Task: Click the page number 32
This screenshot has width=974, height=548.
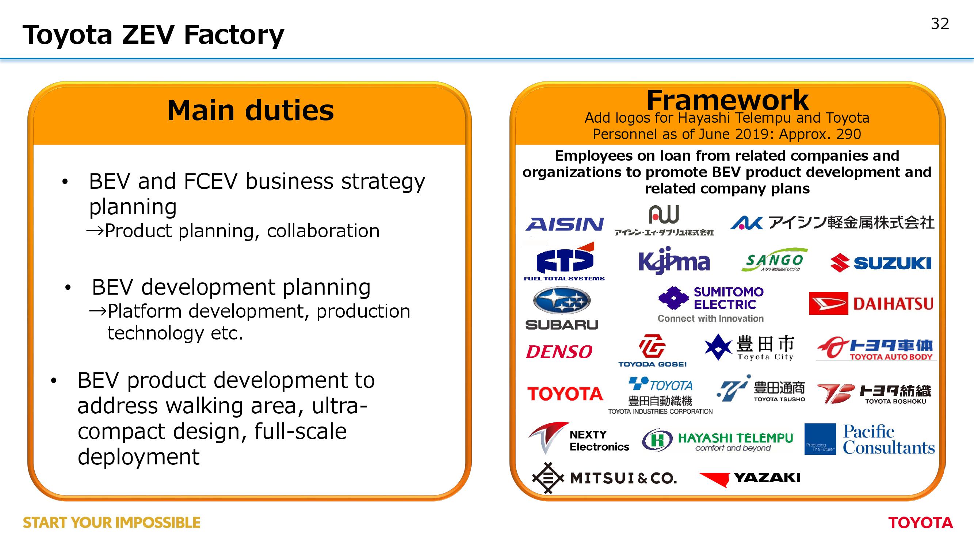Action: click(x=940, y=24)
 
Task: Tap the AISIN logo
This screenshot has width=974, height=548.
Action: click(x=565, y=224)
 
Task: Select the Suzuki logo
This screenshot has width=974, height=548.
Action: click(x=881, y=263)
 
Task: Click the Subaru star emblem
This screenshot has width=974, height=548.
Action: click(x=561, y=301)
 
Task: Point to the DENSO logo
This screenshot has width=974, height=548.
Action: click(x=559, y=352)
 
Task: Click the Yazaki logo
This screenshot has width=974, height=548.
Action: click(x=750, y=479)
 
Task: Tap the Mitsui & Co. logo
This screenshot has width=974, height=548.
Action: click(x=604, y=478)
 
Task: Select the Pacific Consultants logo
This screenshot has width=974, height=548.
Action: click(x=869, y=439)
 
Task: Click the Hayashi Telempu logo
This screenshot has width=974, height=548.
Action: click(x=717, y=440)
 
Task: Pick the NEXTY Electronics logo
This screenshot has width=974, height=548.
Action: click(x=578, y=438)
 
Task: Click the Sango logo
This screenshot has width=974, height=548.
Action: click(x=774, y=260)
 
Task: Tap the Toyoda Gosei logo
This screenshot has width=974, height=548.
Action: click(x=652, y=350)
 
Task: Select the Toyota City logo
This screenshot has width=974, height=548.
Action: click(x=749, y=347)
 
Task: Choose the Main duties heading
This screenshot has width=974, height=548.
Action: click(x=250, y=110)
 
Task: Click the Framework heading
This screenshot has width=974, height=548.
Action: click(x=727, y=100)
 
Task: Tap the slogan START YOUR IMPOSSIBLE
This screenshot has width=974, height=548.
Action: click(x=111, y=523)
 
